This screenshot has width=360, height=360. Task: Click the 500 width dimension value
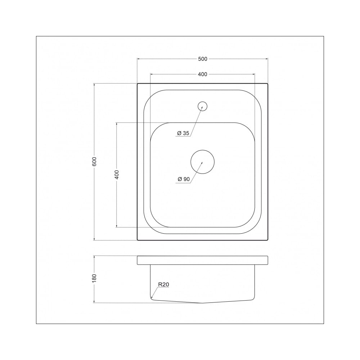pos(202,59)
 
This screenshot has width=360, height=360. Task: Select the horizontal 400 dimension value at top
pos(202,74)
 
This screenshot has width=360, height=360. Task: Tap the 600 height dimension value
pos(94,162)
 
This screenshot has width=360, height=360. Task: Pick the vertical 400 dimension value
pos(117,175)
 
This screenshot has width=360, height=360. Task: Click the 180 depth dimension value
pos(94,278)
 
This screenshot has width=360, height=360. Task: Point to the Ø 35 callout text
pos(183,133)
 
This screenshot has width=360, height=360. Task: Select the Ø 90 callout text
pos(184,179)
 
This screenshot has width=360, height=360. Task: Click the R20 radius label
pos(163,284)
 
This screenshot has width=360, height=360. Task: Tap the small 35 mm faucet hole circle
pos(202,102)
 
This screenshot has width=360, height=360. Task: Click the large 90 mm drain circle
pos(202,150)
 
